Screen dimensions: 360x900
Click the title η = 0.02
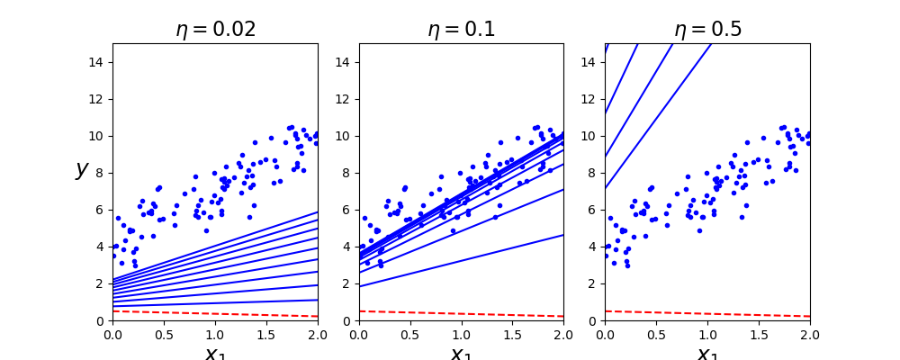pyautogui.click(x=215, y=29)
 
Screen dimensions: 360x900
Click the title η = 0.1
pyautogui.click(x=461, y=29)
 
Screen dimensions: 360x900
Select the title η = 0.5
pyautogui.click(x=707, y=29)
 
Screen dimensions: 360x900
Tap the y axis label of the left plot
pyautogui.click(x=82, y=169)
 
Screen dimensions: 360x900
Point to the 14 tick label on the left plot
pyautogui.click(x=98, y=62)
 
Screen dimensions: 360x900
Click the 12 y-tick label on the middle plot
pyautogui.click(x=345, y=99)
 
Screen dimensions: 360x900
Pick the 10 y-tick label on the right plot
pyautogui.click(x=591, y=136)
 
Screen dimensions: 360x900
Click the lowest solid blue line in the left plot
pyautogui.click(x=215, y=303)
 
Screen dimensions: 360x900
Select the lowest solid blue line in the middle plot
pyautogui.click(x=461, y=261)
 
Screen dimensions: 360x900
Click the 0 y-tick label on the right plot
pyautogui.click(x=595, y=320)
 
